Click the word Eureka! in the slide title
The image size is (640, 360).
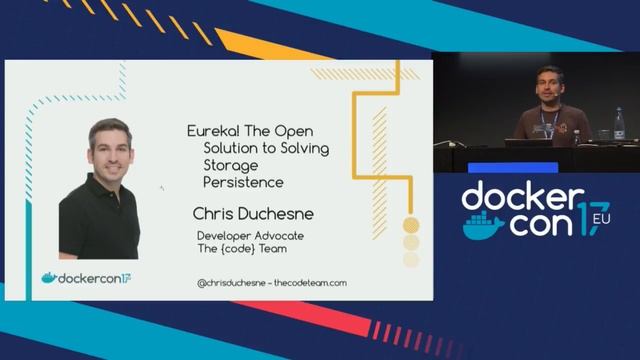(x=212, y=130)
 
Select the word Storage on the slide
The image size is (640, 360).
(x=229, y=165)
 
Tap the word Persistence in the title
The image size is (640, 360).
(x=243, y=183)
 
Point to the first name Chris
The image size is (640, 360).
(x=215, y=213)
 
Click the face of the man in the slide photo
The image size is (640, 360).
(x=109, y=149)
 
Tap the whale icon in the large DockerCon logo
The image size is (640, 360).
(x=483, y=226)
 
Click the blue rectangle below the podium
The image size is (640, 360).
(x=512, y=167)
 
